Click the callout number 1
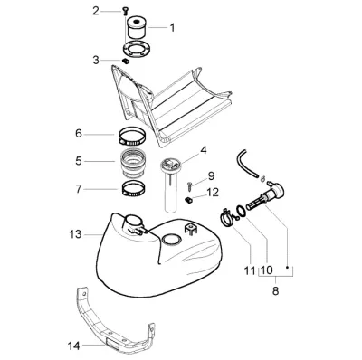coord(172,28)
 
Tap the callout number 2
coord(96,12)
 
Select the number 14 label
coord(73,346)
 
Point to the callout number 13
coord(75,234)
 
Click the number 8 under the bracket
coord(275,291)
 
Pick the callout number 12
coord(213,193)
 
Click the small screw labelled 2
coord(125,12)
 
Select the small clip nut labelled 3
coord(125,62)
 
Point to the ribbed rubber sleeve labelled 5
coord(133,163)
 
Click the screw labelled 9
coord(189,186)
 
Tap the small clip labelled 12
coord(187,200)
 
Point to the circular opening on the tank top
coord(172,241)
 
